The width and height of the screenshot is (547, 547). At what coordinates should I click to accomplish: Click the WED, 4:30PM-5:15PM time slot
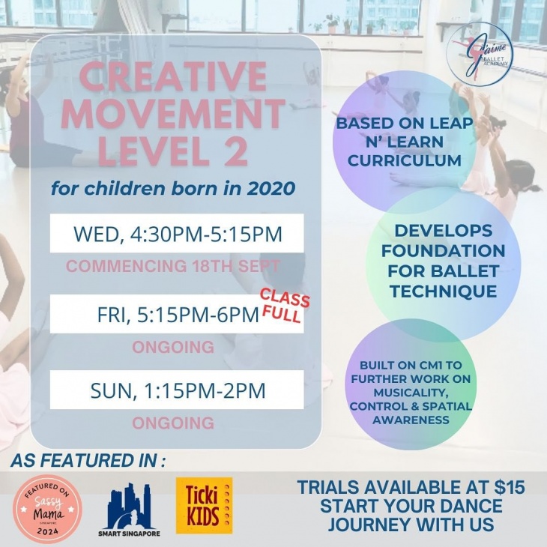pyautogui.click(x=177, y=234)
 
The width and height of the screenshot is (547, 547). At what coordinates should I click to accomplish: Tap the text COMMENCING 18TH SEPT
pyautogui.click(x=172, y=266)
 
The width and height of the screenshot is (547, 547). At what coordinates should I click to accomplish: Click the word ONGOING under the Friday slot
pyautogui.click(x=173, y=347)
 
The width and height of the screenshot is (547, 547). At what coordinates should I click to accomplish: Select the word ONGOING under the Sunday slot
pyautogui.click(x=173, y=423)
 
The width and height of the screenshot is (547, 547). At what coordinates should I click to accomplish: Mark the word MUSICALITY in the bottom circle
pyautogui.click(x=411, y=393)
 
